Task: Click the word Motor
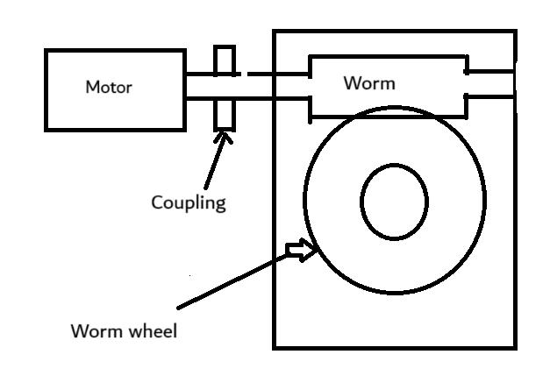[x=108, y=87]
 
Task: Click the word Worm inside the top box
[x=368, y=83]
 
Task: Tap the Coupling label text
[x=189, y=202]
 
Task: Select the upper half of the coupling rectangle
[x=225, y=60]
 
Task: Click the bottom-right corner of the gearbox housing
[x=515, y=347]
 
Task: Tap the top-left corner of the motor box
[x=46, y=51]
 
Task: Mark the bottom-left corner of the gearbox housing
[x=275, y=347]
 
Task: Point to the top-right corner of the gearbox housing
[x=515, y=32]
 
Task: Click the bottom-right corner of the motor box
[x=184, y=130]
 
